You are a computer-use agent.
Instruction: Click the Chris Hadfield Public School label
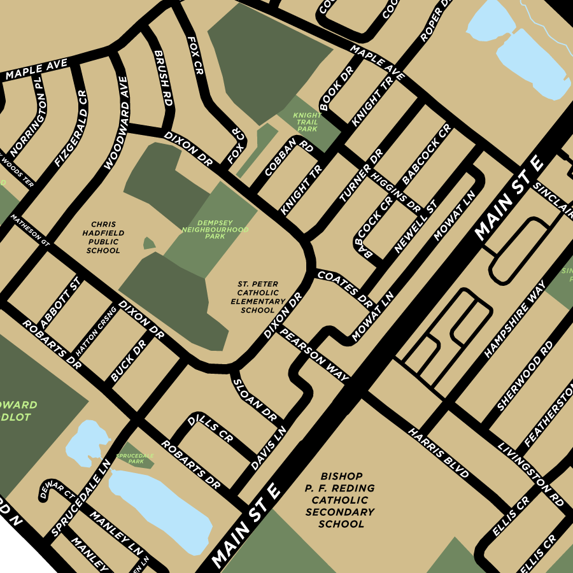click(103, 237)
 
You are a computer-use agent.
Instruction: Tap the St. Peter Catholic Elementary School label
click(258, 297)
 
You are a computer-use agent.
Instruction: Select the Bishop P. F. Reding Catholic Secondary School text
click(343, 500)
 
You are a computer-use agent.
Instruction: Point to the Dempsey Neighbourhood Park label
click(215, 229)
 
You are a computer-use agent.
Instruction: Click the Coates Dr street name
click(344, 286)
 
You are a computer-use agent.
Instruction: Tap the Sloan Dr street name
click(253, 399)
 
